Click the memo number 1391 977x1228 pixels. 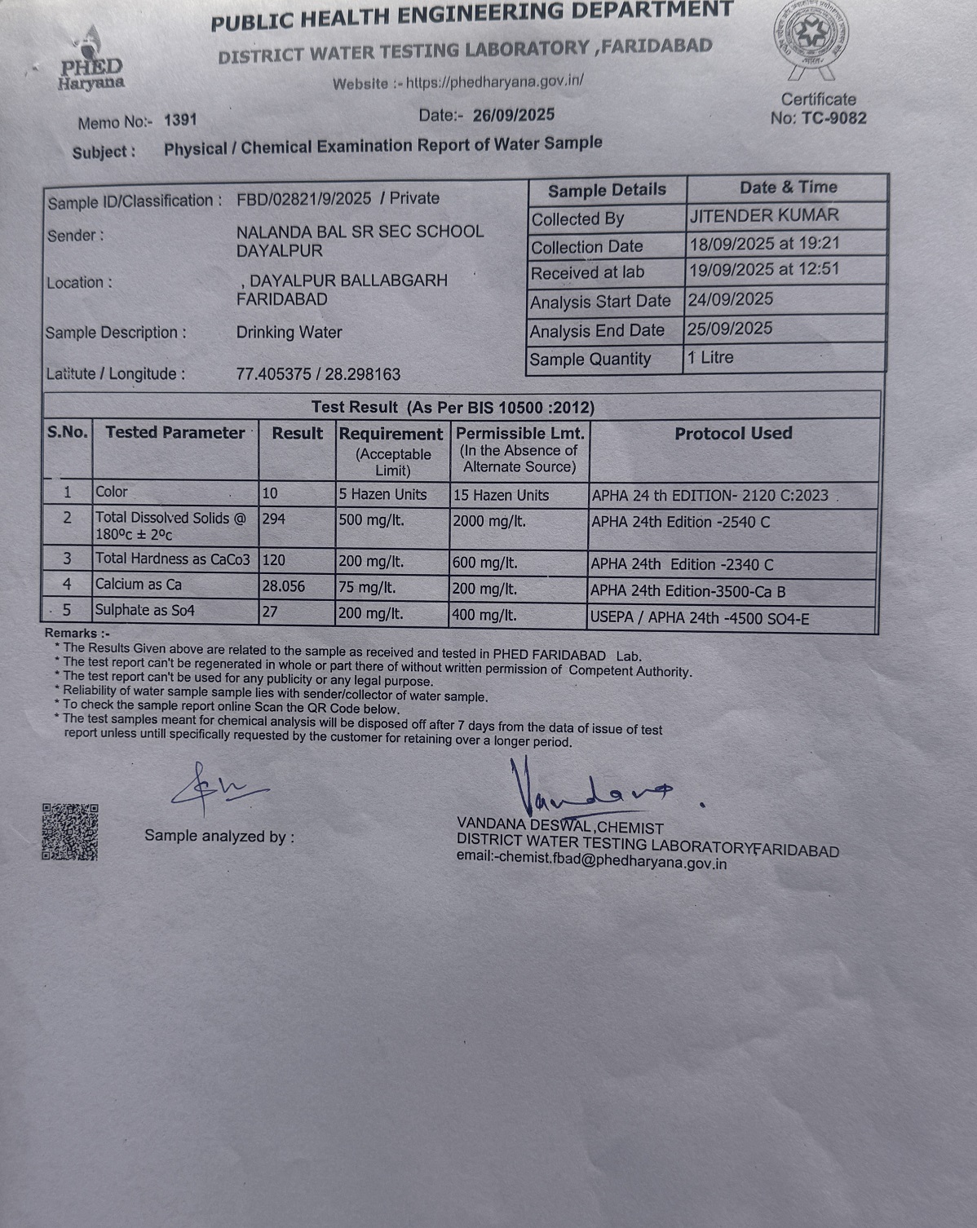point(180,121)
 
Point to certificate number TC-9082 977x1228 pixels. point(833,118)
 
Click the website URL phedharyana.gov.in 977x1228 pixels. point(494,82)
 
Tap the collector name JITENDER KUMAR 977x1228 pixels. point(763,216)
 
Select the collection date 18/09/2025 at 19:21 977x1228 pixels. point(763,244)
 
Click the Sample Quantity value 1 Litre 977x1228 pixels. point(710,358)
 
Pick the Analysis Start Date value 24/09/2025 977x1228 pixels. point(731,299)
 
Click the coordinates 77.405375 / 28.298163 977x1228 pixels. point(318,374)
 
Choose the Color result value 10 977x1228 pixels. point(270,493)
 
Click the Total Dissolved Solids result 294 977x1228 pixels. point(274,519)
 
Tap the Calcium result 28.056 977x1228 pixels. point(283,585)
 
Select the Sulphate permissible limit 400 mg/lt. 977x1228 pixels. point(484,615)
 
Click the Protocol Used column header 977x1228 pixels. point(732,434)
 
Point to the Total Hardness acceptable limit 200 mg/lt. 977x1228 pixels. point(371,562)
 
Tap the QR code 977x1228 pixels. point(70,832)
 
